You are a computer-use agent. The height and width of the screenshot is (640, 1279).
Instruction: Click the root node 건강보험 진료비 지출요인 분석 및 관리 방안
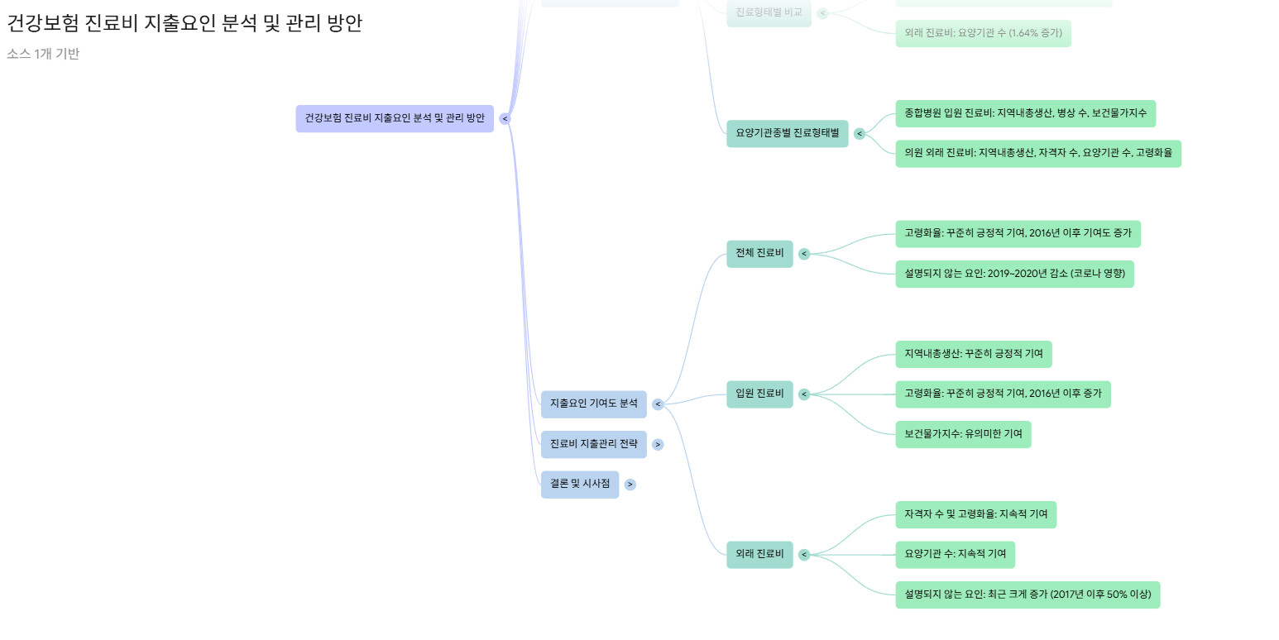click(x=395, y=118)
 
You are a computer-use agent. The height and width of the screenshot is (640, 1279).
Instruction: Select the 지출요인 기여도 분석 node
click(x=593, y=404)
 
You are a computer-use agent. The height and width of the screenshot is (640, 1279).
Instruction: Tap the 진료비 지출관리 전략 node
click(x=593, y=444)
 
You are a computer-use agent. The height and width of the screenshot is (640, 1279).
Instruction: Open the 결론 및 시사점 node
click(x=579, y=484)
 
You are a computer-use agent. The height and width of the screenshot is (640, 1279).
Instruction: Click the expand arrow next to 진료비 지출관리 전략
click(x=658, y=445)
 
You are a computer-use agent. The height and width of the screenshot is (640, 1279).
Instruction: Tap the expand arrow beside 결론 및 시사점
click(x=630, y=485)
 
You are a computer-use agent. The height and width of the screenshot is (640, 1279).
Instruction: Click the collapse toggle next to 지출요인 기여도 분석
click(x=658, y=404)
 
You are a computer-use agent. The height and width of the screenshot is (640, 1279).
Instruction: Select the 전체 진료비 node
click(x=759, y=253)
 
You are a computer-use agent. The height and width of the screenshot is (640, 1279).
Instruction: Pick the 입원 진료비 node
click(x=759, y=394)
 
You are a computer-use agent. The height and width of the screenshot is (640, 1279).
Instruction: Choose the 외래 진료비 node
click(x=759, y=554)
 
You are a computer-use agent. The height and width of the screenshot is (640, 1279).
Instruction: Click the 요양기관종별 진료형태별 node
click(x=787, y=133)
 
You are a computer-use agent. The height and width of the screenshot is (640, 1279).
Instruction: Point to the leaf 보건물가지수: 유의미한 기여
click(x=963, y=434)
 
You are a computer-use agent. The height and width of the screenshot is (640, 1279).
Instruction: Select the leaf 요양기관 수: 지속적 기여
click(x=955, y=554)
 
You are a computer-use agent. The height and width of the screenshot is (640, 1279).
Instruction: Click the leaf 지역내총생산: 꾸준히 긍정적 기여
click(x=973, y=354)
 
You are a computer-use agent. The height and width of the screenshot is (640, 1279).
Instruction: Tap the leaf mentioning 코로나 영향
click(x=1014, y=274)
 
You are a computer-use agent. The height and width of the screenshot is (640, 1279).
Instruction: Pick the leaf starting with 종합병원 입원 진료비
click(x=1025, y=113)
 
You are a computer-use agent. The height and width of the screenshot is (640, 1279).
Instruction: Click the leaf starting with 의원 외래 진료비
click(x=1037, y=153)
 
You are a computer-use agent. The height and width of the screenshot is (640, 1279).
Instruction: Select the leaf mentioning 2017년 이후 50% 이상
click(x=1027, y=595)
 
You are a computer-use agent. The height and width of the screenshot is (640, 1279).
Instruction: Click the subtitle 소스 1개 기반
click(x=43, y=55)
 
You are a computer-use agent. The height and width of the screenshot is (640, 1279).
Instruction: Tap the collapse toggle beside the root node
click(x=505, y=119)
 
